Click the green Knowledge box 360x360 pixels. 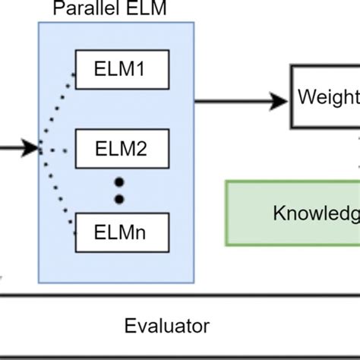pos(293,213)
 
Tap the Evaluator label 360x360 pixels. pos(166,327)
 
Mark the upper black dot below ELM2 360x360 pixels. pos(118,182)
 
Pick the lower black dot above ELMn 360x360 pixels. pos(118,199)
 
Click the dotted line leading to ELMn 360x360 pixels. pos(58,186)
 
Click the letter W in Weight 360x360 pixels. pos(307,97)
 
